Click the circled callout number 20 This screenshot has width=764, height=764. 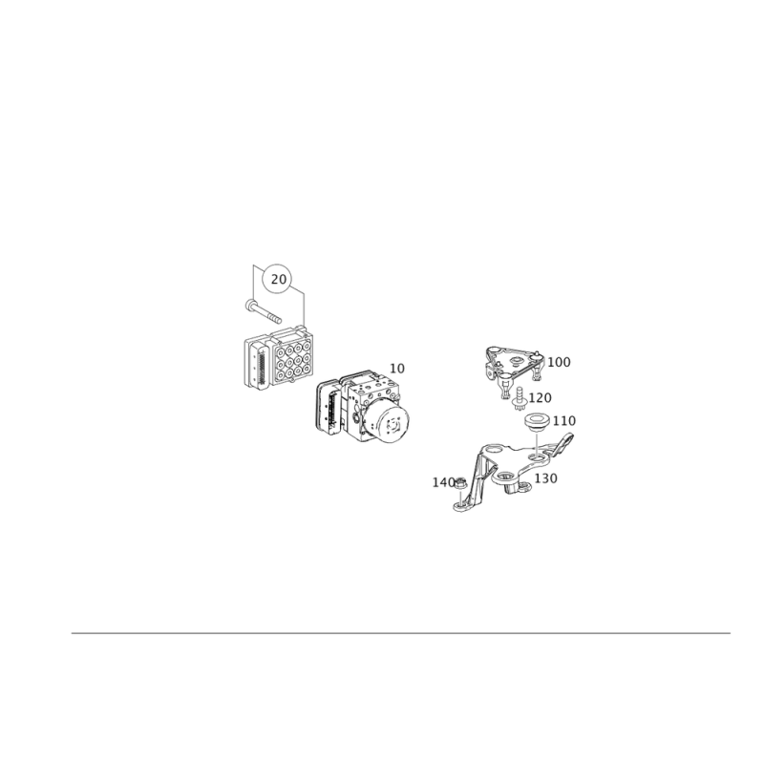pyautogui.click(x=278, y=279)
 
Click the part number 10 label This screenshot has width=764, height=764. pyautogui.click(x=397, y=369)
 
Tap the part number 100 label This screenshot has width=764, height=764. pyautogui.click(x=559, y=362)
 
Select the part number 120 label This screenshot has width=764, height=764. pyautogui.click(x=540, y=398)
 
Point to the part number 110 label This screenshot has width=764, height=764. pyautogui.click(x=564, y=420)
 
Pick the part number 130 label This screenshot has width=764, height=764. pyautogui.click(x=545, y=478)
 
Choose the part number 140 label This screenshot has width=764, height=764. pyautogui.click(x=443, y=482)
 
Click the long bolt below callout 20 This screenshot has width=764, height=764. pyautogui.click(x=264, y=311)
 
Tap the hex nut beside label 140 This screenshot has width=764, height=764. pyautogui.click(x=460, y=484)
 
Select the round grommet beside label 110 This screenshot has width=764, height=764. pyautogui.click(x=536, y=422)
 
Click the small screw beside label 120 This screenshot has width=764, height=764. pyautogui.click(x=519, y=398)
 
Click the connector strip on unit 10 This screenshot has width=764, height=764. pyautogui.click(x=331, y=410)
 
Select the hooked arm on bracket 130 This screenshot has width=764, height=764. pyautogui.click(x=562, y=441)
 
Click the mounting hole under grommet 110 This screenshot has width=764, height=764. pyautogui.click(x=536, y=456)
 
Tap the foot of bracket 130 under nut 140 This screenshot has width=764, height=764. pyautogui.click(x=461, y=507)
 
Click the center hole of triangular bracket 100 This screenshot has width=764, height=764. pyautogui.click(x=516, y=361)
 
